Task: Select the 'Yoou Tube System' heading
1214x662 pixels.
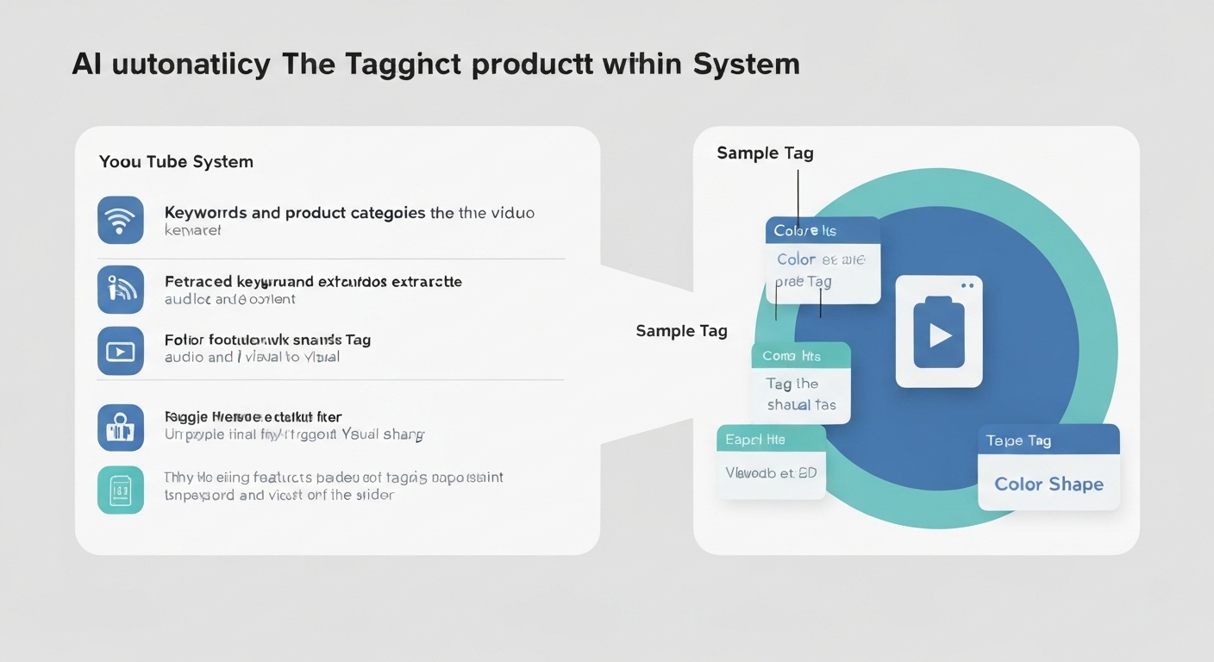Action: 176,161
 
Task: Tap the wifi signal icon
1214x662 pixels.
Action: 121,221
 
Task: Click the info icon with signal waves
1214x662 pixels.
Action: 121,290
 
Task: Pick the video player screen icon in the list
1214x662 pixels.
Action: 121,351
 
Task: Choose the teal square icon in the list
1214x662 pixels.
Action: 121,490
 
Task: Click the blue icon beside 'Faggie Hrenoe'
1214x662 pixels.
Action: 121,428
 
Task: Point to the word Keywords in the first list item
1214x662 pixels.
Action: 205,212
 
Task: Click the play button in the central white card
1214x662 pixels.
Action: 939,334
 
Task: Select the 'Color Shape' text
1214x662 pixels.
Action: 1048,484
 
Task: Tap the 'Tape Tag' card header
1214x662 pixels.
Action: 1048,440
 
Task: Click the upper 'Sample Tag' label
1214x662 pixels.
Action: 765,153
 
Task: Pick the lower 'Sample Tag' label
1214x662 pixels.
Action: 681,331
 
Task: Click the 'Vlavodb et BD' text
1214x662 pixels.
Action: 771,472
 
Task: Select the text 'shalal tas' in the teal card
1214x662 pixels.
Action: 801,405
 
